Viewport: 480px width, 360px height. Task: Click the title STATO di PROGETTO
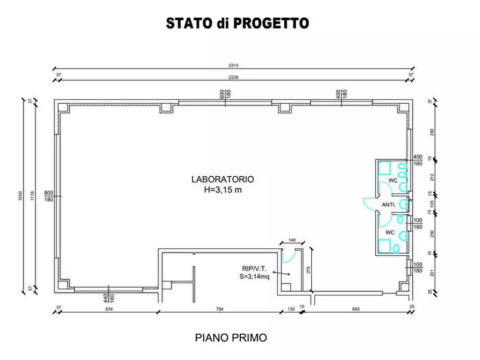[x=237, y=24]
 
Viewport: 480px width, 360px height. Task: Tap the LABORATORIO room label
[x=223, y=179]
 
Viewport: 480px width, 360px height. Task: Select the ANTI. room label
[x=389, y=205]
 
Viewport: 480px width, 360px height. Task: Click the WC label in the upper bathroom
[x=393, y=180]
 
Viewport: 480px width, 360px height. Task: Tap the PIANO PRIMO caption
[x=231, y=338]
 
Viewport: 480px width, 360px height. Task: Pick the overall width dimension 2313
[x=233, y=66]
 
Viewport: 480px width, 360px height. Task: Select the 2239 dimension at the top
[x=233, y=77]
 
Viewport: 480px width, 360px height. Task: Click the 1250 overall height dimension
[x=21, y=197]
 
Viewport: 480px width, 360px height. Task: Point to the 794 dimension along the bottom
[x=219, y=309]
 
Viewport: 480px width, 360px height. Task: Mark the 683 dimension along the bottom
[x=355, y=309]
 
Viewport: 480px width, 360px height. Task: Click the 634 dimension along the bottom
[x=109, y=309]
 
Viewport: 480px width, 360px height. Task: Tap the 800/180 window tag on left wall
[x=48, y=196]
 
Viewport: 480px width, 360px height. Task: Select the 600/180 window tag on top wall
[x=223, y=93]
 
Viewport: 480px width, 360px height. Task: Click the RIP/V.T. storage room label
[x=254, y=268]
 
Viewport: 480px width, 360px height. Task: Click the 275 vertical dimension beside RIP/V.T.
[x=309, y=270]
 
